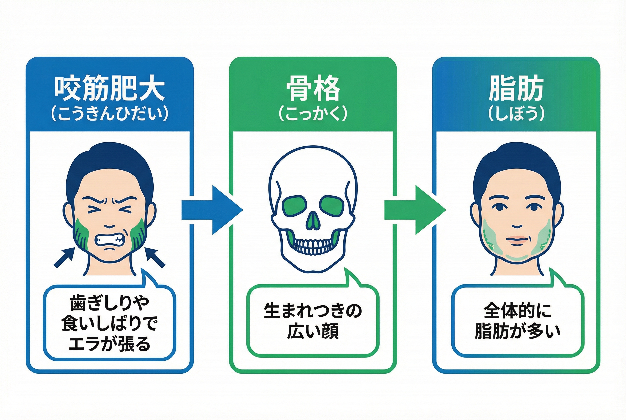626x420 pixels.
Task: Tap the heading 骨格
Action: click(313, 88)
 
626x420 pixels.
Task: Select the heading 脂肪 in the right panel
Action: click(516, 88)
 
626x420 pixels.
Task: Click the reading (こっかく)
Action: click(313, 114)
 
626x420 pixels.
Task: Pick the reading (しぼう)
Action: click(516, 114)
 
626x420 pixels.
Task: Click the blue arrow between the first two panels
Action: click(212, 210)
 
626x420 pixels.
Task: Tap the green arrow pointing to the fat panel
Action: click(415, 210)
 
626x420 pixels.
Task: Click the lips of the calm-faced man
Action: click(517, 240)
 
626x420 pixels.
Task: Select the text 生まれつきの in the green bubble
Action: click(313, 311)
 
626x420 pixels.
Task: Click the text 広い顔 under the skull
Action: click(313, 331)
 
